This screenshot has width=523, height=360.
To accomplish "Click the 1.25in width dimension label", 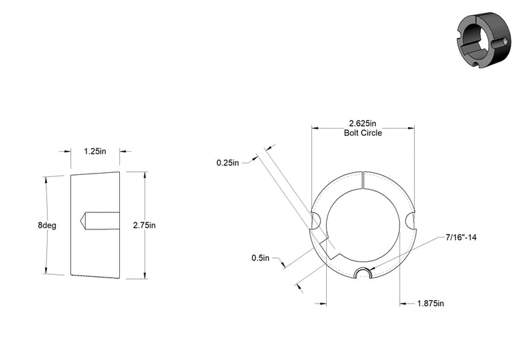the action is click(95, 151).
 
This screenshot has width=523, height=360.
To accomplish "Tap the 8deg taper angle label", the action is click(47, 225).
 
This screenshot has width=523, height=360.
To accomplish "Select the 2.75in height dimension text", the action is click(144, 225).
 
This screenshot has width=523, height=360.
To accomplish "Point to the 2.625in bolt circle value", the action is click(362, 124).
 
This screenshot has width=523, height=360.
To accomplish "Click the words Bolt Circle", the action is click(363, 133).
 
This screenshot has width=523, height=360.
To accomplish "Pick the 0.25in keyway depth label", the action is click(228, 163).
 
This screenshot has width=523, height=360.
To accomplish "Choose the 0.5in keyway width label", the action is click(261, 258).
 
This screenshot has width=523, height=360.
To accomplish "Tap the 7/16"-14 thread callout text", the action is click(461, 238).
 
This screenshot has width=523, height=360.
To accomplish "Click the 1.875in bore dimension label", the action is click(430, 304).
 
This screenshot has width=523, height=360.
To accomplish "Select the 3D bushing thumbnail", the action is click(484, 40).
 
